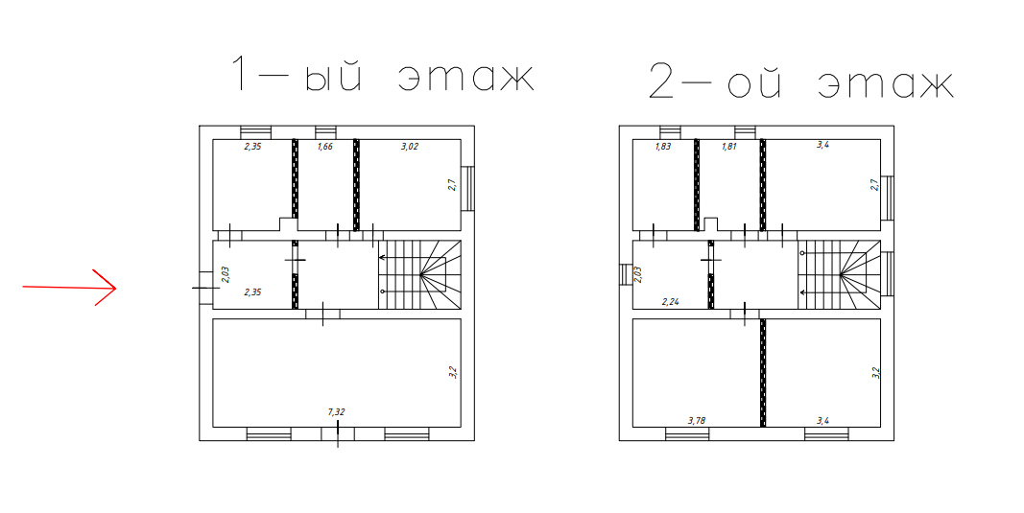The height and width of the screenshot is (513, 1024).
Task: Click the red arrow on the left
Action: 70,287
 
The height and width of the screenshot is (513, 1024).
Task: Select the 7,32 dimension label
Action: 336,411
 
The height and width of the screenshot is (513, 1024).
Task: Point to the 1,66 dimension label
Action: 325,146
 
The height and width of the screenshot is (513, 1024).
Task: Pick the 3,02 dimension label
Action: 410,146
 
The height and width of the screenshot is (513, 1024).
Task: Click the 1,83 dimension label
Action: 663,146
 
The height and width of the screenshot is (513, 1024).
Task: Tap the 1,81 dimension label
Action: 729,146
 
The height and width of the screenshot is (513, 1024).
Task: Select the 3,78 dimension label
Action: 697,420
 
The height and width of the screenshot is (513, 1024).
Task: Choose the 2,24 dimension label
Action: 671,301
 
